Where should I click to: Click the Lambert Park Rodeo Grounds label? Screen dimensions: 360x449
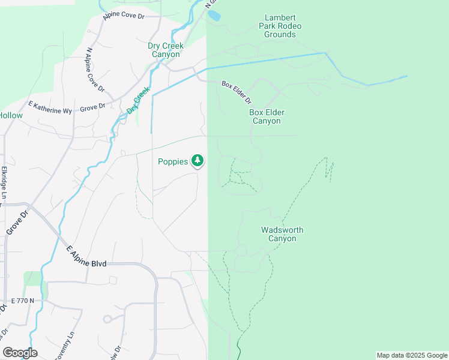[x=280, y=26]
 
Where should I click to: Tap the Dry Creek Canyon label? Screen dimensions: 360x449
[x=165, y=50]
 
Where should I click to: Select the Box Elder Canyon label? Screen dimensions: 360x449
[x=267, y=116]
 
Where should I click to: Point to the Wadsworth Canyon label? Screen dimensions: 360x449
[x=282, y=234]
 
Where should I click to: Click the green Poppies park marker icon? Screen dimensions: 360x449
[x=197, y=161]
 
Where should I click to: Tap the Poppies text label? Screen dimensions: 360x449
[x=173, y=161]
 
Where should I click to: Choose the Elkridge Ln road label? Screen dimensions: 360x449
[x=4, y=183]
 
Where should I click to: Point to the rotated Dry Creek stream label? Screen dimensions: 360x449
[x=137, y=101]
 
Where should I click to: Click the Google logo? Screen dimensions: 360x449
[x=20, y=353]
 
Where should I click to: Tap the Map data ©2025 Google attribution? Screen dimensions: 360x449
[x=411, y=355]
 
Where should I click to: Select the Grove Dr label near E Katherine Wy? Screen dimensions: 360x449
[x=92, y=107]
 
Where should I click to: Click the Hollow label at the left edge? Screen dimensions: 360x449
[x=11, y=115]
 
